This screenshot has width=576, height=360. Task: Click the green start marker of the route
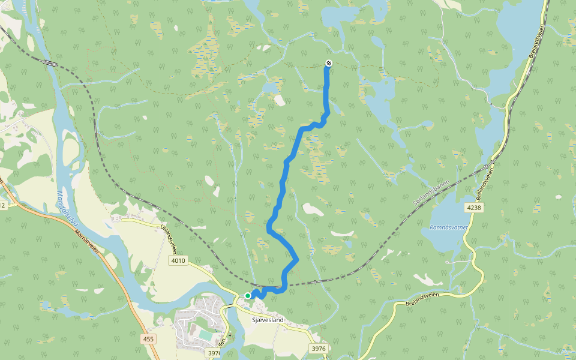pos(247,296)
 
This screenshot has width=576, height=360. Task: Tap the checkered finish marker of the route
pos(328,64)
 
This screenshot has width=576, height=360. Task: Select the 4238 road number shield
pos(474,208)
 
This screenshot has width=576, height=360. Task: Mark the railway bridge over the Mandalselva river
pos(50,63)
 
